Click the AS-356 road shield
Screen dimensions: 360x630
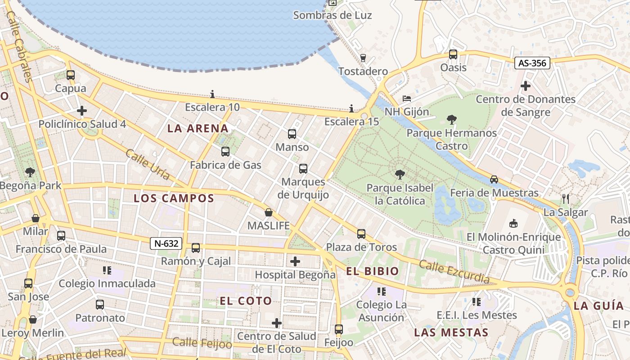(532, 63)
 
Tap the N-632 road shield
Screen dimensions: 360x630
(166, 244)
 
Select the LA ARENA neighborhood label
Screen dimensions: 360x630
(198, 128)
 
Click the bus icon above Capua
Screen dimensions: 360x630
(70, 75)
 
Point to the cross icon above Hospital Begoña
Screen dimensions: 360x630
(295, 261)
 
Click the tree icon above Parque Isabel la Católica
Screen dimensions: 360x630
(399, 175)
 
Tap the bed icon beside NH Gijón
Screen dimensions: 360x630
(406, 98)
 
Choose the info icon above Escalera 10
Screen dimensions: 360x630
(212, 94)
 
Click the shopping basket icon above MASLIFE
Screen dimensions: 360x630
(269, 212)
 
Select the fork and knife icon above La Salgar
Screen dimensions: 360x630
(566, 198)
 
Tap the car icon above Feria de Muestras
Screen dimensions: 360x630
(494, 179)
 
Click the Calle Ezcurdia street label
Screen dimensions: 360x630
(454, 271)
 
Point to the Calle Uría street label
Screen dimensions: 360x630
(148, 165)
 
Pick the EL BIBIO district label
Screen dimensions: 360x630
(373, 271)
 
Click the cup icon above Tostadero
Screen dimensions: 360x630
(363, 58)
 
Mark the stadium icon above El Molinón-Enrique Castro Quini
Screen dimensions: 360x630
(513, 223)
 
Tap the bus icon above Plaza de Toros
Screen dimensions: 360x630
(361, 234)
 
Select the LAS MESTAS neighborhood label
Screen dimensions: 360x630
(451, 333)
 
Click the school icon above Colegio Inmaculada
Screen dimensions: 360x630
(107, 270)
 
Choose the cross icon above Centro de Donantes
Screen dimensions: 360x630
(525, 85)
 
